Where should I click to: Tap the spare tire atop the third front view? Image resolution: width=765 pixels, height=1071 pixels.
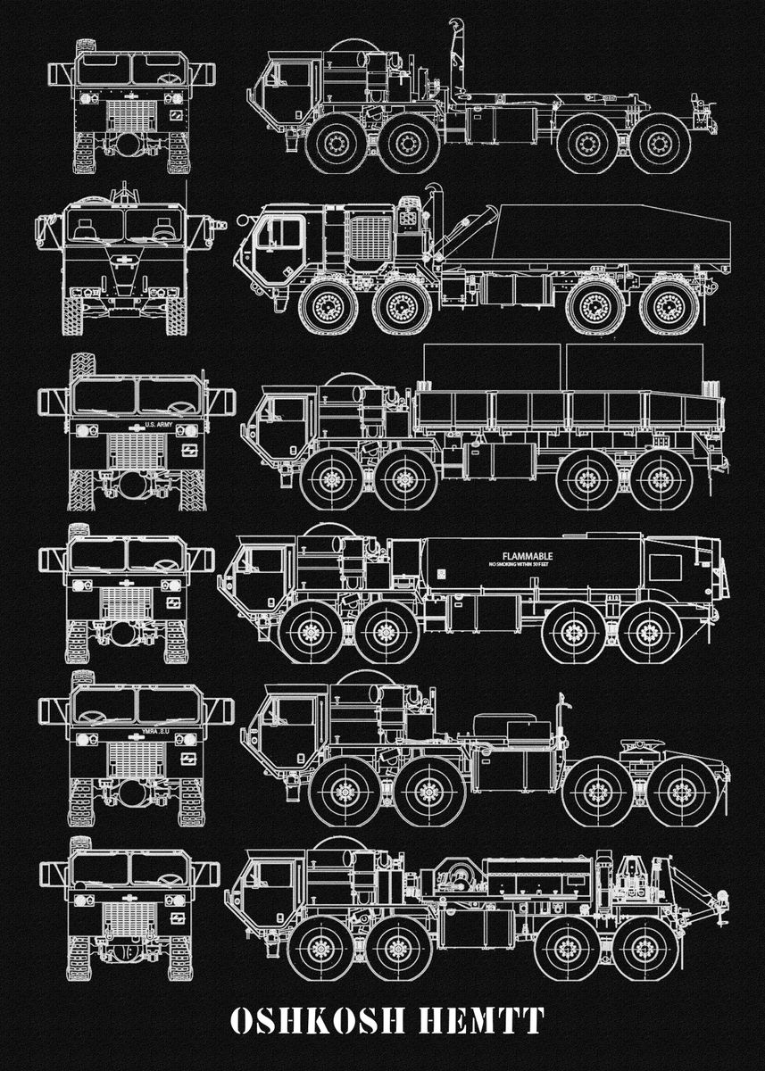(83, 367)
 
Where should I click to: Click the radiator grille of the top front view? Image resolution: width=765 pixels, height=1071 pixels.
(132, 115)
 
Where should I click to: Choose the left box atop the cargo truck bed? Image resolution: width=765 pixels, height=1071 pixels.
(491, 366)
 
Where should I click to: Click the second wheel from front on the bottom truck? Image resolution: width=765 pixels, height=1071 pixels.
(399, 948)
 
